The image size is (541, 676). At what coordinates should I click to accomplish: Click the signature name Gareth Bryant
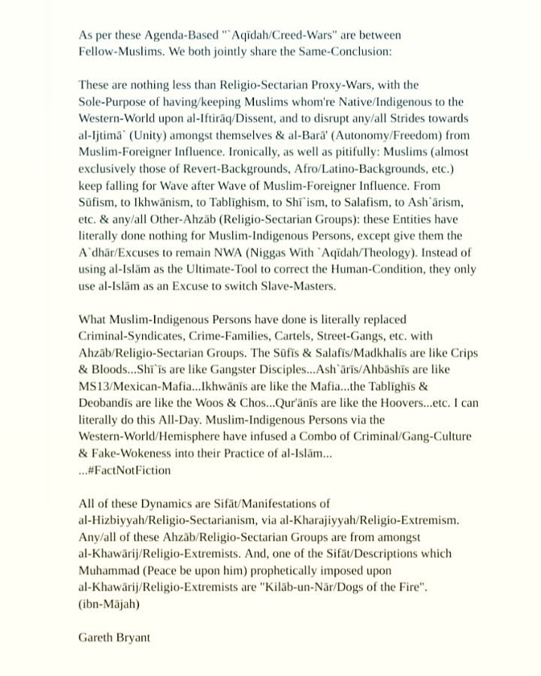click(114, 638)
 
